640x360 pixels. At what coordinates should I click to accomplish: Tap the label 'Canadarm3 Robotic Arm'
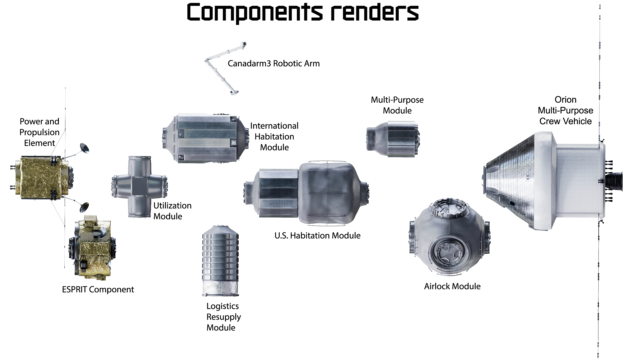273,63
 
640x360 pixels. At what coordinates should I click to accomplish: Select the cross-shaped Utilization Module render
139,187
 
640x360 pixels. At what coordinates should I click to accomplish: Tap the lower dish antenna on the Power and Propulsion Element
84,207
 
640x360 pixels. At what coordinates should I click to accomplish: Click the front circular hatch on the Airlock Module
449,251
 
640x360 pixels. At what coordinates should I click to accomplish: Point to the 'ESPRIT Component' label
98,289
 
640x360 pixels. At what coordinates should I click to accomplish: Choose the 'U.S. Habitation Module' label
317,236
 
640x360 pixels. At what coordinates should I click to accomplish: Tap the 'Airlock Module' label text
452,286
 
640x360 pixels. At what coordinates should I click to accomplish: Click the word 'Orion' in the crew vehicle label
565,100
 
